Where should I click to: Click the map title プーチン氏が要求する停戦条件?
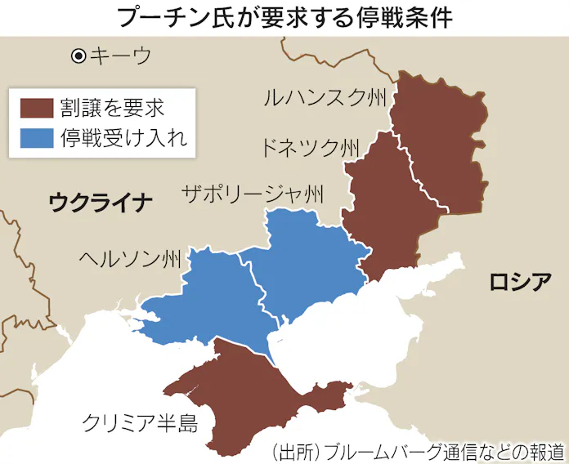(284, 17)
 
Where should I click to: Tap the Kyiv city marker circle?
(78, 56)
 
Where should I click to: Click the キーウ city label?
(120, 56)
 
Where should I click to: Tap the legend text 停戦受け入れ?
(123, 138)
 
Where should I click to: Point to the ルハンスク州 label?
(324, 99)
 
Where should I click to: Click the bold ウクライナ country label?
(101, 202)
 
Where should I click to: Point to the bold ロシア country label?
(519, 282)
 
